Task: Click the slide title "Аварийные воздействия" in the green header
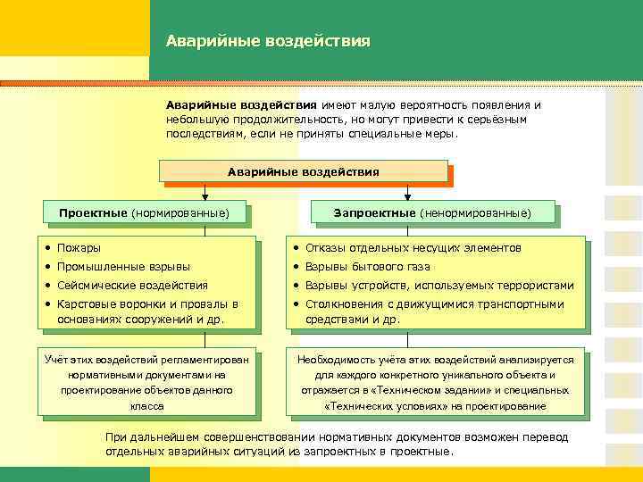click(x=267, y=42)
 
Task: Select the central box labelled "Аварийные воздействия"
click(x=303, y=171)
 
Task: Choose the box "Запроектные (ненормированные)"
click(x=432, y=213)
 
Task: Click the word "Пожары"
click(x=79, y=247)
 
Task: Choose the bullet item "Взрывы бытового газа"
click(x=367, y=266)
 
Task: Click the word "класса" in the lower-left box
click(x=146, y=405)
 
